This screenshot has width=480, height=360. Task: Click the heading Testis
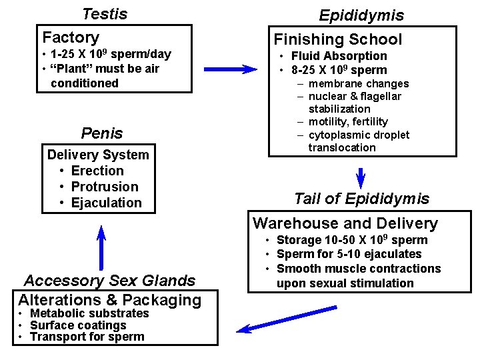(104, 13)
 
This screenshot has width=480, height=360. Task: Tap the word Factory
(71, 37)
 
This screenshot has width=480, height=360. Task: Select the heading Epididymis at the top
(361, 15)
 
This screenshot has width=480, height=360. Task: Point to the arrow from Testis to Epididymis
(230, 69)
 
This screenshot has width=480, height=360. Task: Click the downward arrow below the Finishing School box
(361, 177)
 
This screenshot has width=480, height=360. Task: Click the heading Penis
(102, 133)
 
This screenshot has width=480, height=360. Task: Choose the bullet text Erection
(97, 171)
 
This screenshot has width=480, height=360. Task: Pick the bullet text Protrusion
(105, 187)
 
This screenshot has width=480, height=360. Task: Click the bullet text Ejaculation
(107, 203)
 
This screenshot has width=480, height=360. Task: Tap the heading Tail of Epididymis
(361, 199)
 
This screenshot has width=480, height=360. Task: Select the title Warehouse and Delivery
(345, 223)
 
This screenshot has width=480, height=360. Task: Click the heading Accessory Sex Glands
(109, 281)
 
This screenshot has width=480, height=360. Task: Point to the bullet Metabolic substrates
(90, 313)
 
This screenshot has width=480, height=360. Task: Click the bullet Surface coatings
(79, 325)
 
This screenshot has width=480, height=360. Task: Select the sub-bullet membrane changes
(359, 84)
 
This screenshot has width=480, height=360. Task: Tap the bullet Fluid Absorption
(339, 56)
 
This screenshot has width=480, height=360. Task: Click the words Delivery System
(98, 155)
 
